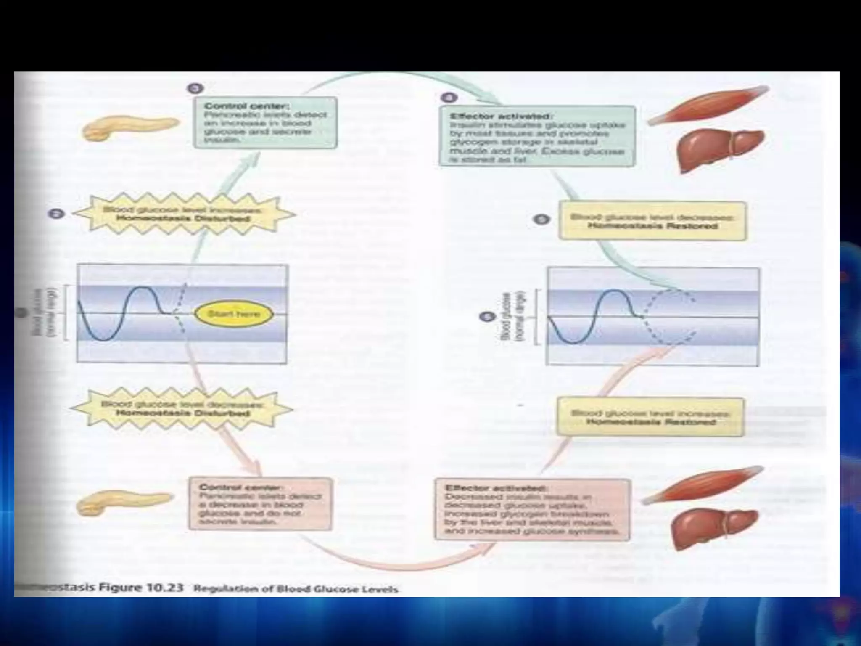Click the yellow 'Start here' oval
(x=234, y=314)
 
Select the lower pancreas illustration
(x=124, y=503)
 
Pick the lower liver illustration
(x=714, y=528)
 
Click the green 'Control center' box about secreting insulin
(x=265, y=123)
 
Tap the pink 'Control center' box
(x=260, y=503)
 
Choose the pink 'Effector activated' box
(x=532, y=509)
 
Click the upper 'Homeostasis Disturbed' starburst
(x=183, y=214)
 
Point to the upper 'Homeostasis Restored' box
(x=652, y=221)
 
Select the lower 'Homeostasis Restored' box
(x=650, y=417)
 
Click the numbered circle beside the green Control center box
(x=195, y=89)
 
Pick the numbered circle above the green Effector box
(x=449, y=98)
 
